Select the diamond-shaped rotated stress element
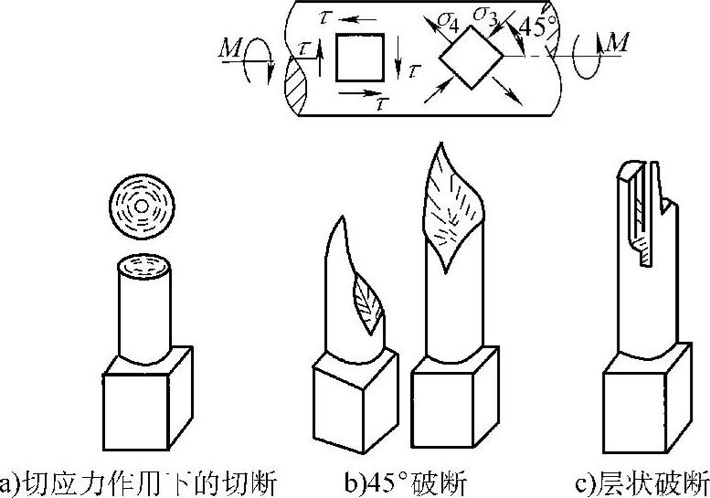click(x=472, y=57)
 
